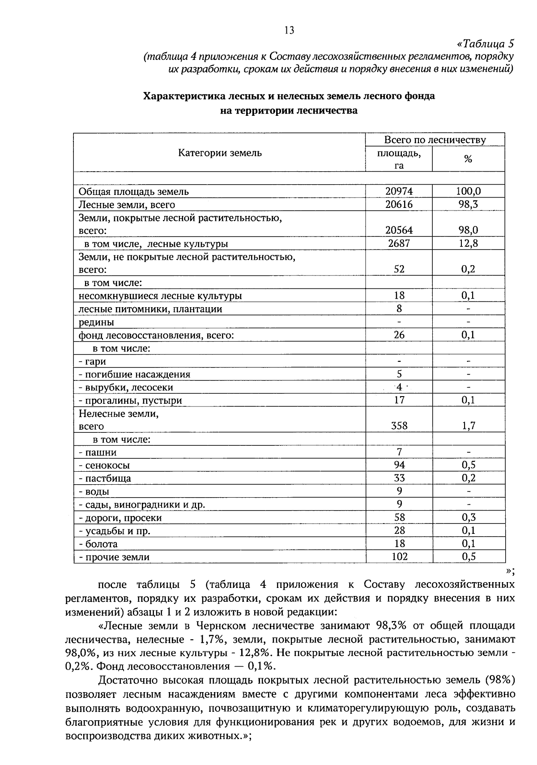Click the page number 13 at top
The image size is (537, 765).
coord(289,30)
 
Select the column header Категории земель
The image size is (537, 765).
coord(220,153)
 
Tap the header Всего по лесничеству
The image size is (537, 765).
coord(435,140)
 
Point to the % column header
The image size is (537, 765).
coord(468,159)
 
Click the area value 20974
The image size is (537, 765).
coord(399,191)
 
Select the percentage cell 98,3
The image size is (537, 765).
coord(468,204)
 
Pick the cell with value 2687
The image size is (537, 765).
coord(399,243)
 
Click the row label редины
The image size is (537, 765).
coord(96,322)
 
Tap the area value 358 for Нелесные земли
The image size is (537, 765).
coord(399,426)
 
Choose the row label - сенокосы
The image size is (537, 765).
coord(104,465)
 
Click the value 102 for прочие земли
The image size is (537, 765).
coord(399,557)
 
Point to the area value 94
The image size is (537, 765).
coord(399,465)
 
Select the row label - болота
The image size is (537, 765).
coord(98,544)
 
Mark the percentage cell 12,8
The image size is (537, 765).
coord(468,243)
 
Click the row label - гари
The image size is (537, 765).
coord(93,361)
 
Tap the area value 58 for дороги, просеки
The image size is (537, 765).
coord(399,517)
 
